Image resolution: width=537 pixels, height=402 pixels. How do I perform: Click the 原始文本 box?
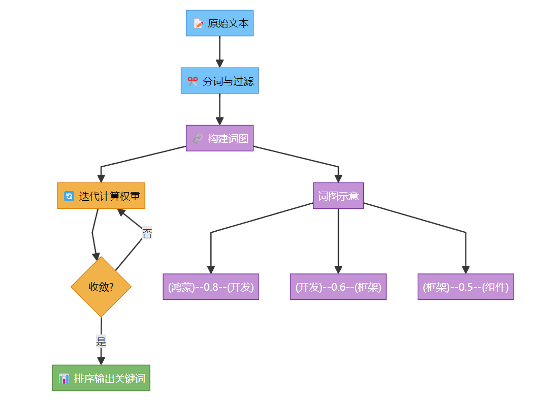(x=219, y=23)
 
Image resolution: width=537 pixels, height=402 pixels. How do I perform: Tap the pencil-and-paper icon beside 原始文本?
(x=198, y=23)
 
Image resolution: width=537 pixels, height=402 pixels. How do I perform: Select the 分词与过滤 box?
(x=219, y=80)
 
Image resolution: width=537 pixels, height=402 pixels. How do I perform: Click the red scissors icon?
(x=193, y=81)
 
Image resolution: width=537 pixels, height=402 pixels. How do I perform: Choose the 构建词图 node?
(x=219, y=138)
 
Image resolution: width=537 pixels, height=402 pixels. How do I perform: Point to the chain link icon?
(x=198, y=139)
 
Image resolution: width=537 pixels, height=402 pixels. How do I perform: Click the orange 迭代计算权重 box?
(x=101, y=196)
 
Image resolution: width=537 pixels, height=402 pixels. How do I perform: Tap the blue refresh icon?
(x=69, y=196)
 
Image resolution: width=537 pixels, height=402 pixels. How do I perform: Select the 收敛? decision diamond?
(x=101, y=287)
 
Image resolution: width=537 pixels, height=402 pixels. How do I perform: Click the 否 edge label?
(x=147, y=233)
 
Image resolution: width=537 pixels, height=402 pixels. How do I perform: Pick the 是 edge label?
(x=101, y=341)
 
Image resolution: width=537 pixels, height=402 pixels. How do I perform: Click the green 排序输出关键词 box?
(x=101, y=378)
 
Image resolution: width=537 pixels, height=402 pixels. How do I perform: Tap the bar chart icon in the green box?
(x=64, y=379)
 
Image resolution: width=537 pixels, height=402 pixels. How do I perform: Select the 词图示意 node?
(x=338, y=196)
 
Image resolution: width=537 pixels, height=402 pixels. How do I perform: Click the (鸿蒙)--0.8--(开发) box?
(x=211, y=287)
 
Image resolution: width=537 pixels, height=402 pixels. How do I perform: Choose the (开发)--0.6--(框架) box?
(x=338, y=287)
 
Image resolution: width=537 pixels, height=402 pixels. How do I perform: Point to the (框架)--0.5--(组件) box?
(x=466, y=287)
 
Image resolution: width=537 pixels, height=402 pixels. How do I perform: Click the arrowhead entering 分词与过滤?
(x=219, y=64)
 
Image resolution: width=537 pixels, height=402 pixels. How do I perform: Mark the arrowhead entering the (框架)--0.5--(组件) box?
(x=466, y=270)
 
